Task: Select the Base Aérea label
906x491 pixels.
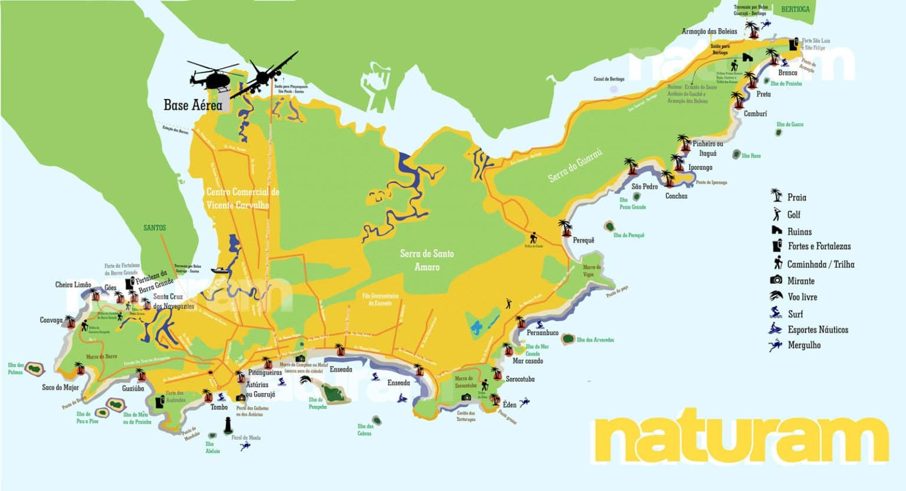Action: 193,106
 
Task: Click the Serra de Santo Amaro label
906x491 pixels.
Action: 426,260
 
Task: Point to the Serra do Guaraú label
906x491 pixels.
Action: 575,166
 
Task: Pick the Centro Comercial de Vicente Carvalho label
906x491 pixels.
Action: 243,198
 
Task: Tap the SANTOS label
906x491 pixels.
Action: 155,228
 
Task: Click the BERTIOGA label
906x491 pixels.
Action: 795,9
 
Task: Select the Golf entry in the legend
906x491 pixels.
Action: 793,215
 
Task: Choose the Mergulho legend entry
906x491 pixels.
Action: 803,345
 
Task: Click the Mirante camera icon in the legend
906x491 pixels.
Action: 776,280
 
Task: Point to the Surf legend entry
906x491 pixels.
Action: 795,314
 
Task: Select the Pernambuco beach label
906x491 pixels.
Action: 542,333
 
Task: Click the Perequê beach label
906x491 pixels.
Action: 583,240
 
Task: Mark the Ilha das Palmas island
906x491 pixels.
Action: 34,369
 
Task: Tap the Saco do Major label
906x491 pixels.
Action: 60,388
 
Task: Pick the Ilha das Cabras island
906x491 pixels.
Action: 376,421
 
